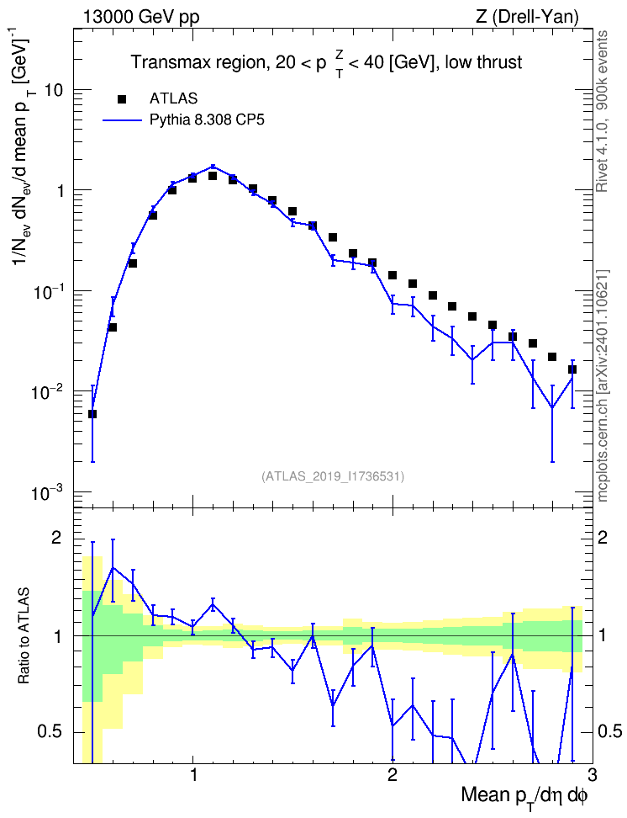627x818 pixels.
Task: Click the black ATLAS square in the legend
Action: pos(122,98)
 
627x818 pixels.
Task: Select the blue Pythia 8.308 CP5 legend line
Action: pos(122,120)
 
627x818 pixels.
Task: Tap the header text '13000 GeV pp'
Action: pos(141,17)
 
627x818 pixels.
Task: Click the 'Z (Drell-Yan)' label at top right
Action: pos(527,17)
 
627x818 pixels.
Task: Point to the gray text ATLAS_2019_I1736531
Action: pos(332,475)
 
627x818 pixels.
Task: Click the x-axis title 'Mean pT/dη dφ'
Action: pos(524,796)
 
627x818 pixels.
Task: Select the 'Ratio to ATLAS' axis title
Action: pos(24,636)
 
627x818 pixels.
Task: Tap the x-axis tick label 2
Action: pos(393,773)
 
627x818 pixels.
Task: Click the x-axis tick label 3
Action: pos(592,773)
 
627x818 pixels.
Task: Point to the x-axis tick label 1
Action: pos(193,773)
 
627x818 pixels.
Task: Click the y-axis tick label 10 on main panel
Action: pos(54,90)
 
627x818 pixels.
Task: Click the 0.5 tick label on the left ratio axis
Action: pos(50,732)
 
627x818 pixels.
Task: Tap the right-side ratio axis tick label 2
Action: pos(603,538)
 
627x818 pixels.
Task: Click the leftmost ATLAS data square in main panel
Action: pos(92,414)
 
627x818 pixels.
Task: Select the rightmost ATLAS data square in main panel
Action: pos(572,369)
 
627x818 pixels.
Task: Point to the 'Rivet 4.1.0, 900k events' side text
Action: pos(602,111)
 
